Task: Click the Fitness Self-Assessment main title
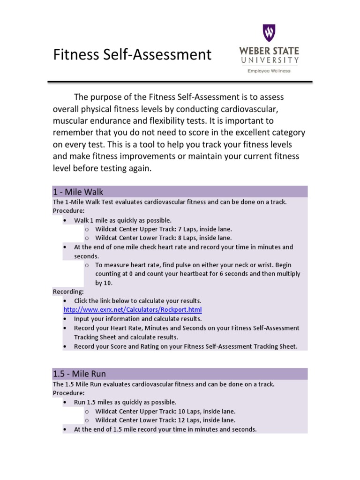(132, 55)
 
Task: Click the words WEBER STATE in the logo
(269, 51)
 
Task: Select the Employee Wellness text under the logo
(269, 71)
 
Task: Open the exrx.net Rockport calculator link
(133, 310)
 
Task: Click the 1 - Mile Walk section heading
(78, 192)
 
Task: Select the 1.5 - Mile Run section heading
(79, 374)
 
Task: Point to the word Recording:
(68, 292)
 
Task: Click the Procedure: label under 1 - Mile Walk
(68, 211)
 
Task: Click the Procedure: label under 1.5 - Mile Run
(68, 393)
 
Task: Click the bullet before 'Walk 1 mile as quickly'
(65, 220)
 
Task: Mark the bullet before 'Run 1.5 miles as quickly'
(65, 402)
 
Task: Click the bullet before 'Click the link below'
(65, 301)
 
